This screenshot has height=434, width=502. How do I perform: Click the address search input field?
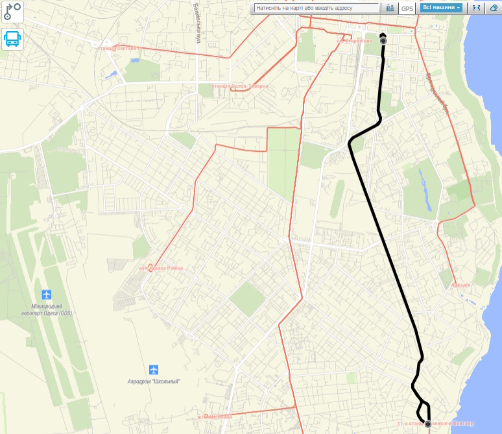(316, 8)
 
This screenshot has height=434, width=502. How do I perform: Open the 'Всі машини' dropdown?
(441, 8)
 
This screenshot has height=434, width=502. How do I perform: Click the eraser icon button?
(494, 8)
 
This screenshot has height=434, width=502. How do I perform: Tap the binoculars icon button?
(390, 8)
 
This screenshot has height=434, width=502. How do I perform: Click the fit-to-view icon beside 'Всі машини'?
(476, 8)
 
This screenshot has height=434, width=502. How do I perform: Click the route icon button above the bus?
(12, 11)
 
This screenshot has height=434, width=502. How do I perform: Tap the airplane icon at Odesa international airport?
(46, 295)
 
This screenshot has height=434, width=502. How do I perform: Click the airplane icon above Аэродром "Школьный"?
(153, 370)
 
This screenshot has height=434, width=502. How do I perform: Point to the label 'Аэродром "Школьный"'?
(153, 381)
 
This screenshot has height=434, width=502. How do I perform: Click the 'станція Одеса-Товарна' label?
(240, 86)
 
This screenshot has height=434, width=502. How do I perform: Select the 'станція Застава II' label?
(118, 47)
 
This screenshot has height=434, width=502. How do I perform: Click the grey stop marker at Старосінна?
(383, 40)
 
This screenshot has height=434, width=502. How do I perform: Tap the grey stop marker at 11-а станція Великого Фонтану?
(428, 424)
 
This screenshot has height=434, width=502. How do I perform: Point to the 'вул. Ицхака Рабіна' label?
(161, 268)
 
